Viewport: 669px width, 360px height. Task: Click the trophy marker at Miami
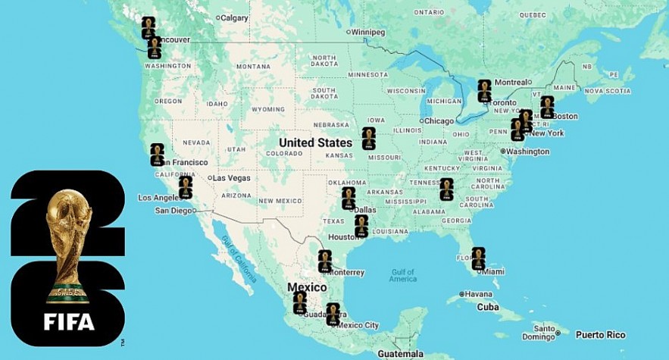click(478, 258)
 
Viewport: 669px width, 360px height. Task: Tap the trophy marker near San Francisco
click(157, 155)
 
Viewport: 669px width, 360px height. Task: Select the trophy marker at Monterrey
click(325, 261)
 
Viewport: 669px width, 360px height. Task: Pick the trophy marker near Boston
click(547, 107)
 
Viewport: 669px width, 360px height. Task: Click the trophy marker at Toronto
click(484, 91)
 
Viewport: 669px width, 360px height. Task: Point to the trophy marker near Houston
click(361, 226)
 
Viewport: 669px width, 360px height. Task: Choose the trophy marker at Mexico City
click(333, 314)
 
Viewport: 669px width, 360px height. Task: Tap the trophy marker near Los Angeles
click(186, 187)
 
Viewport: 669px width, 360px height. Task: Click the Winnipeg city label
click(368, 33)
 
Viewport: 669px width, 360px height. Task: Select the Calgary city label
click(233, 17)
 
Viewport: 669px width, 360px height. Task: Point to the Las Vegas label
click(232, 178)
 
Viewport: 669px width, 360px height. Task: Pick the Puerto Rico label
click(600, 334)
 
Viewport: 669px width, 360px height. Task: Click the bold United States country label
click(315, 142)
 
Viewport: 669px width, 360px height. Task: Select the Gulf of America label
click(403, 275)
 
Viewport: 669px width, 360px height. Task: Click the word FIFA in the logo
click(69, 321)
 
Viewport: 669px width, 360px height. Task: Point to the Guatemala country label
click(399, 354)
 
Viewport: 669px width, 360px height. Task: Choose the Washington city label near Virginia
click(527, 152)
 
